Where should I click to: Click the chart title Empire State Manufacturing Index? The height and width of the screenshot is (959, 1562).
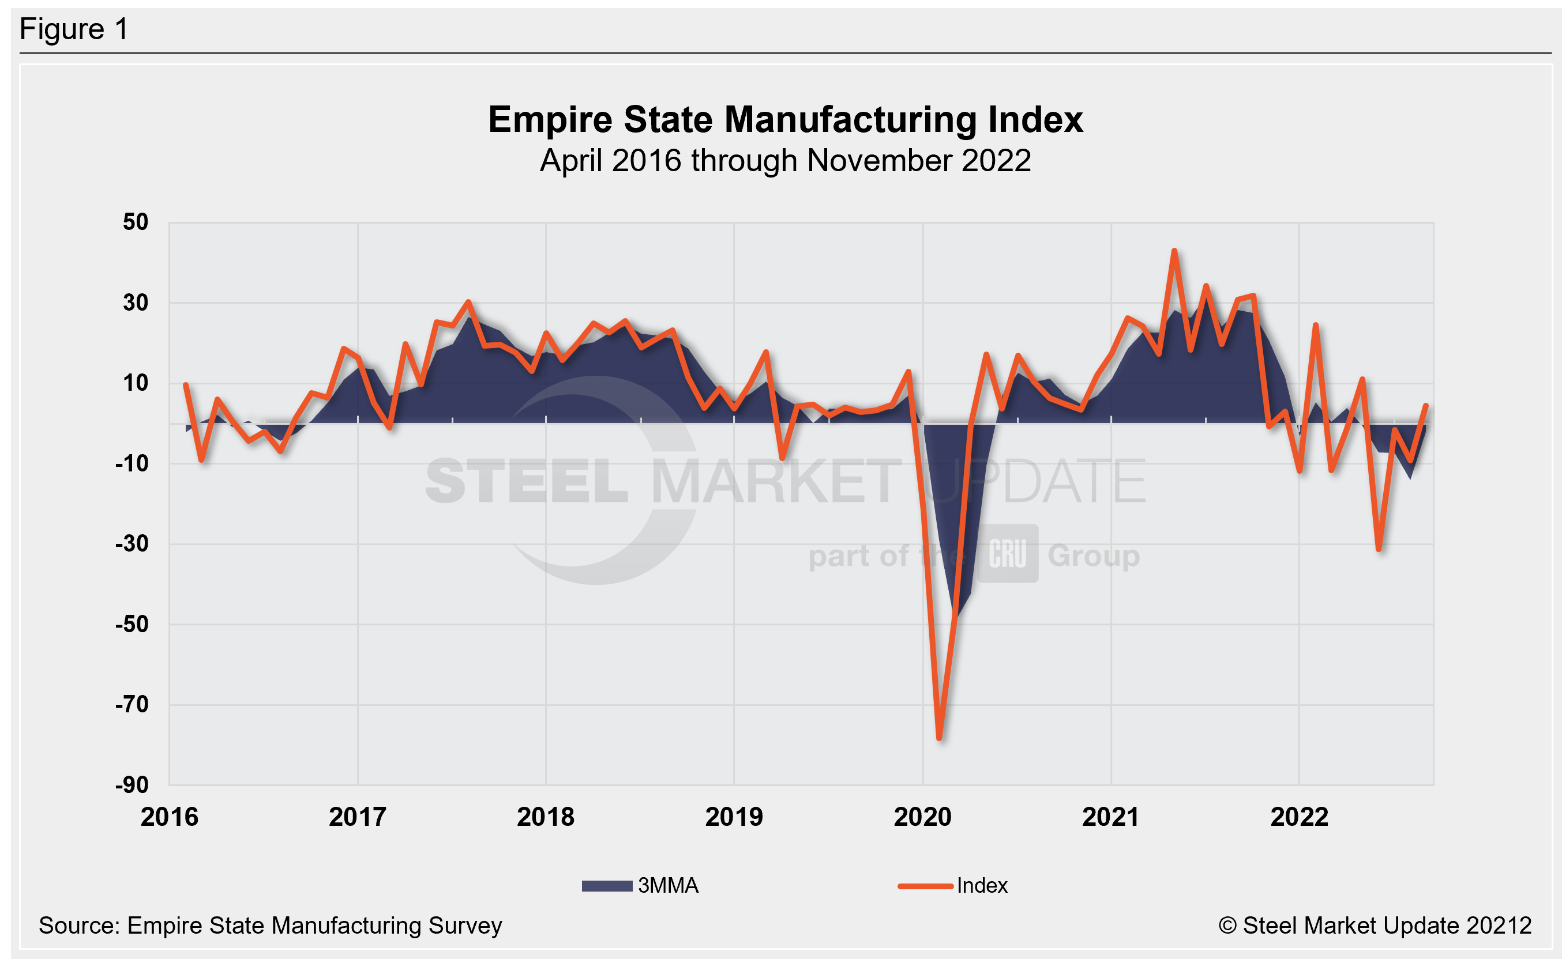pos(785,120)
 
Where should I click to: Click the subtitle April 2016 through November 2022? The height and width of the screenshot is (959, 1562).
pos(785,160)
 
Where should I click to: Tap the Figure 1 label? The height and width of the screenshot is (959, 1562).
pos(74,29)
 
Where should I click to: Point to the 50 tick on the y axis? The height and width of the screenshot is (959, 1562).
pos(135,222)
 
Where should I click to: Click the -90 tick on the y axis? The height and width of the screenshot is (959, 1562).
pos(132,785)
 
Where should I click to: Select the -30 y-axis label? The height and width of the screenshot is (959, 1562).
pos(132,543)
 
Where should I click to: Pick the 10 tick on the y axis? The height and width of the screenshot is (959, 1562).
pos(135,383)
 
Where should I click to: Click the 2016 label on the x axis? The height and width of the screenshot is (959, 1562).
pos(170,817)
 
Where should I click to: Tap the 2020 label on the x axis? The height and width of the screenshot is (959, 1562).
pos(922,817)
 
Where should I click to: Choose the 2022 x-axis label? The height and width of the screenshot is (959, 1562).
pos(1298,817)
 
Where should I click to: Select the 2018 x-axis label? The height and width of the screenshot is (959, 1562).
pos(545,817)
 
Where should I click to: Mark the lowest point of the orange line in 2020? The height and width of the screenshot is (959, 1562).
pos(940,738)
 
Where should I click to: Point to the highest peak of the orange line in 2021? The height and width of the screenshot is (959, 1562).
pos(1174,251)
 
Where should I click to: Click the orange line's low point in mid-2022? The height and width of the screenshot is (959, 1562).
pos(1379,549)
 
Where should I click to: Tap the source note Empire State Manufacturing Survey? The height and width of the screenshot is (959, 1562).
pos(271,926)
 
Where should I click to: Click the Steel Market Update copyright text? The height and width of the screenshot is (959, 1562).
pos(1375,926)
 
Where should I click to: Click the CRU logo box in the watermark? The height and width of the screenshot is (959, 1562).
pos(1007,554)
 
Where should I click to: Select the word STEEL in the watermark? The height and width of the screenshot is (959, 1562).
pos(527,481)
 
